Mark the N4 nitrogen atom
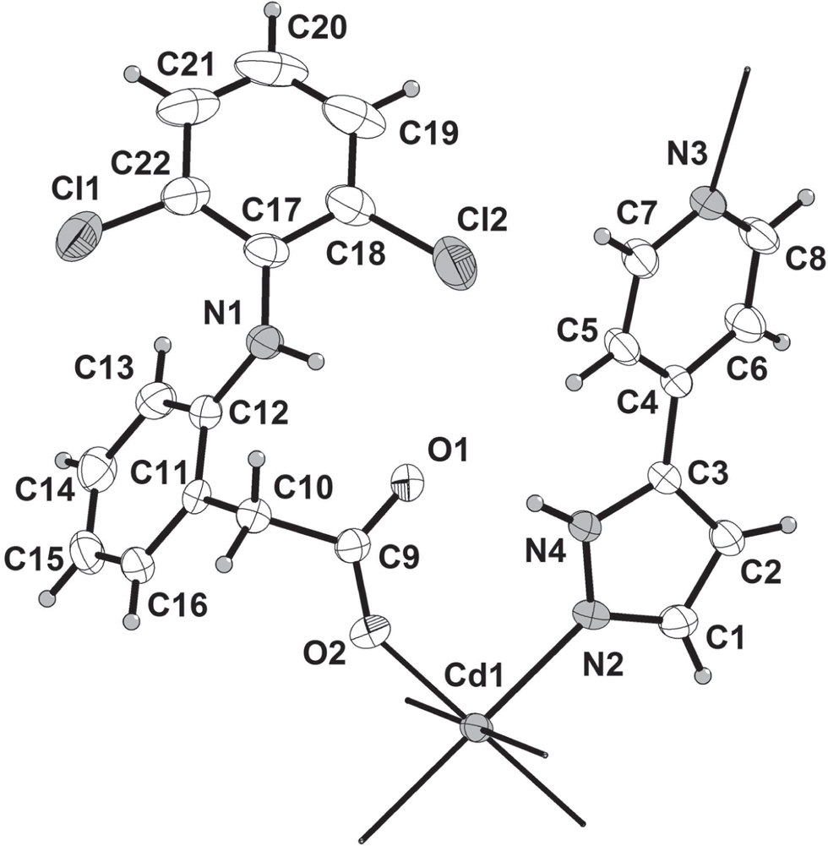pos(585,525)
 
